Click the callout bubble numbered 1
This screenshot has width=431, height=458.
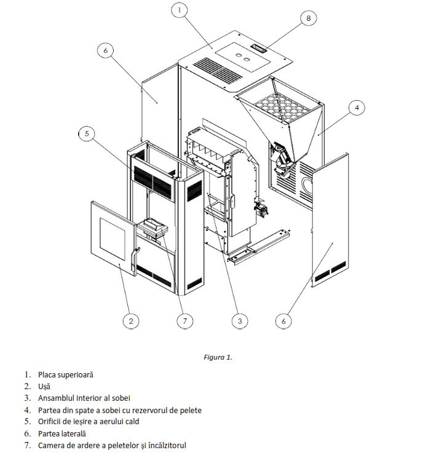179,10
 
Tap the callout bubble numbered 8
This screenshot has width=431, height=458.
309,18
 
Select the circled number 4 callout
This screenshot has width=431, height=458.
357,108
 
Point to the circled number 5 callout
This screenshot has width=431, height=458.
87,133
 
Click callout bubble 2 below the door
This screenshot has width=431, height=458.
131,321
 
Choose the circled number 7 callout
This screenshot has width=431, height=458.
185,321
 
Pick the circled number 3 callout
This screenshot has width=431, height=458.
240,321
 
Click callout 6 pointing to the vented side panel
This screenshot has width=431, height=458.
283,321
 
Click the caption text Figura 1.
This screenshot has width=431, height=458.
218,357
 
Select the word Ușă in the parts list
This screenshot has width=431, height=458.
44,387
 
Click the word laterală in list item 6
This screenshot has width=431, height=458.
73,433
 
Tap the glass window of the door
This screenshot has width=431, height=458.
113,239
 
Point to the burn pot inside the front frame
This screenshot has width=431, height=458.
152,228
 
